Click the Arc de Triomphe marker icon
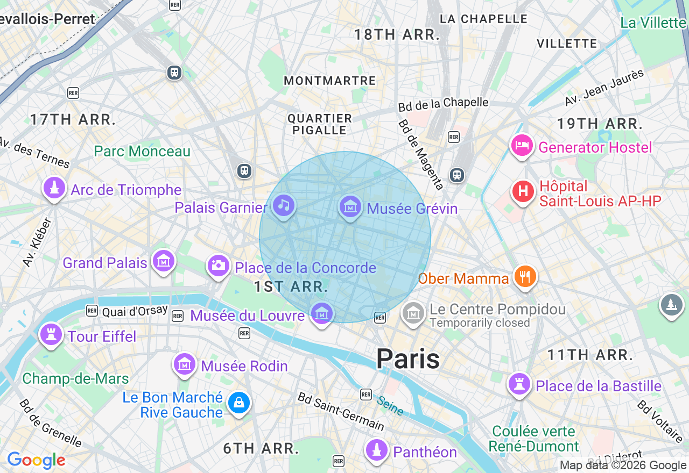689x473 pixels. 54,188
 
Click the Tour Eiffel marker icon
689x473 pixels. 51,335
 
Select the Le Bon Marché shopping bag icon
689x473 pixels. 238,403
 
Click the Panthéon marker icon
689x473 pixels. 377,450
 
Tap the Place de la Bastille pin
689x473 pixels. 519,384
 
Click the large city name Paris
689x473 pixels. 407,359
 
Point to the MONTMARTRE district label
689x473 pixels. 329,81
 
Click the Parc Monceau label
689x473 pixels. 142,152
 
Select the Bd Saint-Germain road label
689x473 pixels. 341,412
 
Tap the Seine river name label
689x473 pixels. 390,406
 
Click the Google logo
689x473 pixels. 36,460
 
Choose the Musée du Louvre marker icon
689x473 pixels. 321,313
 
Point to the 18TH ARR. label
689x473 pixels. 397,35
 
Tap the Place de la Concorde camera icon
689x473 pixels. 218,265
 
